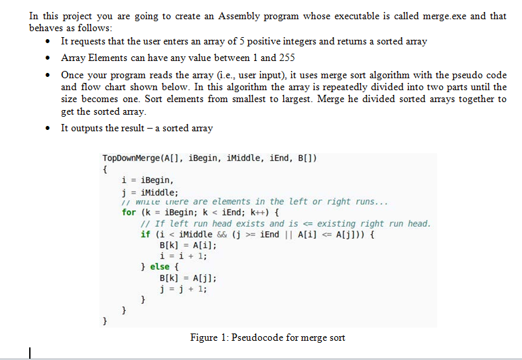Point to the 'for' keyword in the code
(129, 212)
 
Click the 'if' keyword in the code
(145, 234)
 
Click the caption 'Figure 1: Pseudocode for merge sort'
(267, 338)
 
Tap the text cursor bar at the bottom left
(30, 351)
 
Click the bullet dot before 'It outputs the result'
(48, 129)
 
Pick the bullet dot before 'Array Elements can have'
(48, 58)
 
